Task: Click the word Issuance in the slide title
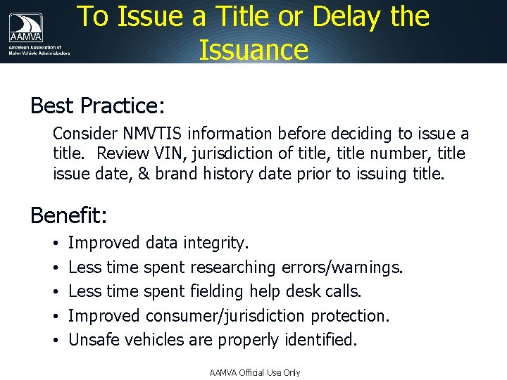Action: (x=253, y=50)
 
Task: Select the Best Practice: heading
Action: (x=97, y=106)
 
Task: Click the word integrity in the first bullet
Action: (x=215, y=243)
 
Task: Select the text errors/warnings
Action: (x=342, y=267)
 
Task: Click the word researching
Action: (x=233, y=267)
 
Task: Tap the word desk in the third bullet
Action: (x=310, y=291)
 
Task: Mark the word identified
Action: (x=321, y=340)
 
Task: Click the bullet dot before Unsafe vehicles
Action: (x=55, y=341)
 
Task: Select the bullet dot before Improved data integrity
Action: (x=55, y=244)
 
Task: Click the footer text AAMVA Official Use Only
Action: (x=255, y=372)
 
